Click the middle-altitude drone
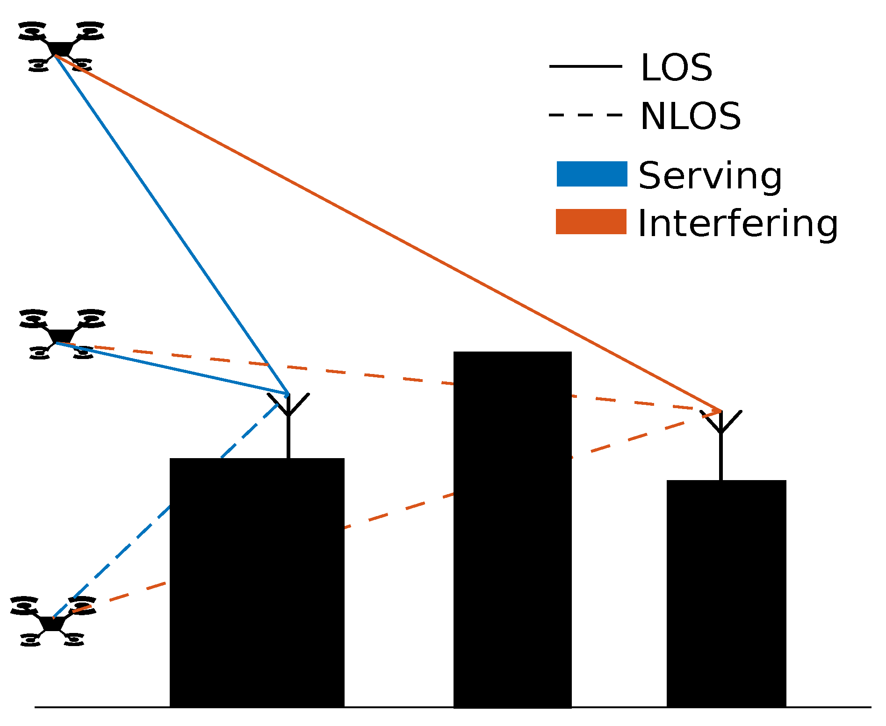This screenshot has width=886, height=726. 62,334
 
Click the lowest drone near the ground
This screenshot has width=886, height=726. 52,622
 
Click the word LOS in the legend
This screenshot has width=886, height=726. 676,68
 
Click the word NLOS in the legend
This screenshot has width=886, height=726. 690,116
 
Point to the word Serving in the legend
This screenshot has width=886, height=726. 710,176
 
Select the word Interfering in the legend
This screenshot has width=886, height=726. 738,223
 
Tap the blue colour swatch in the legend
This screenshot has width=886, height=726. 591,174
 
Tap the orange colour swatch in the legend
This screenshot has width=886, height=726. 591,222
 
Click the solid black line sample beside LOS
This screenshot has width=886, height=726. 585,66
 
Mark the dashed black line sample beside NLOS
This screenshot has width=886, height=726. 585,115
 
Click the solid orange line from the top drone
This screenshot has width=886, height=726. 388,233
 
